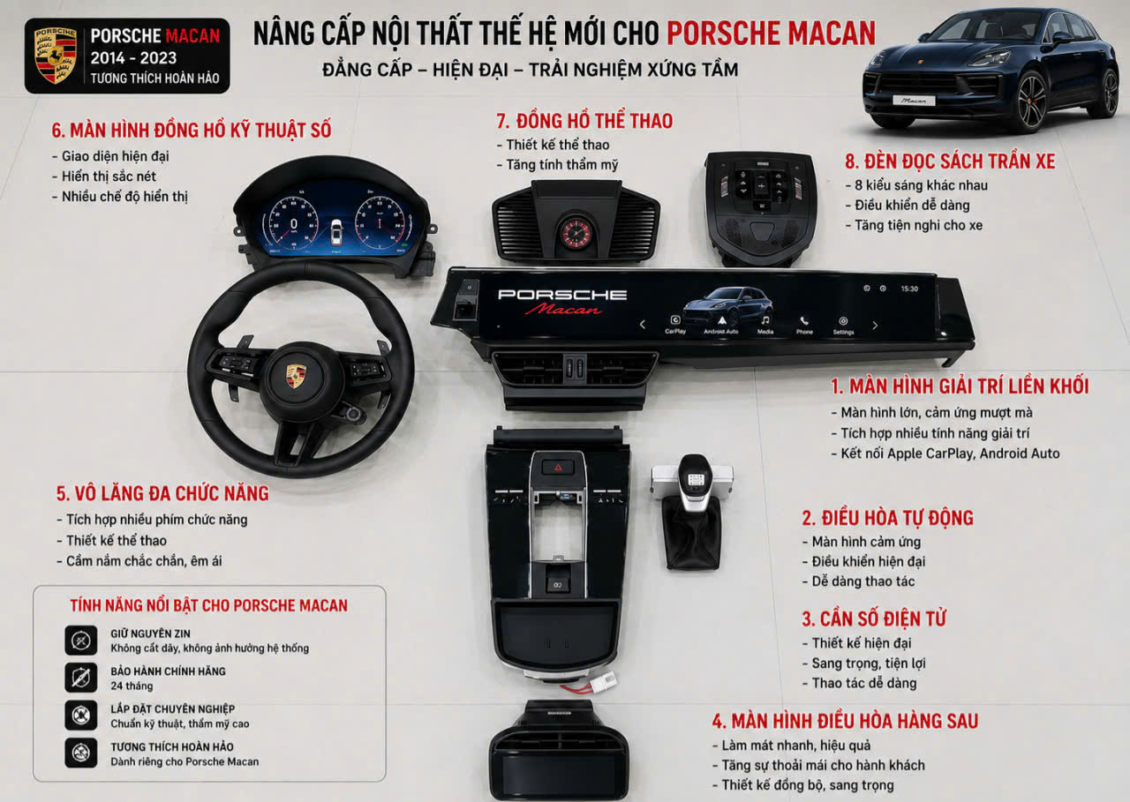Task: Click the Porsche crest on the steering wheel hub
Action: [x=296, y=376]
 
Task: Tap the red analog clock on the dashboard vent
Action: [x=576, y=234]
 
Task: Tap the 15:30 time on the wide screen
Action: [x=909, y=289]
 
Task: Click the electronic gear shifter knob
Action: [x=695, y=483]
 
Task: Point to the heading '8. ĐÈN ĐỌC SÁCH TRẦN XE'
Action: [x=950, y=161]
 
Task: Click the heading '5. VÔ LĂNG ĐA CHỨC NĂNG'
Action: [x=162, y=493]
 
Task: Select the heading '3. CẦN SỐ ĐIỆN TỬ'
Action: [x=874, y=618]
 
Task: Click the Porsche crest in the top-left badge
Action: [x=55, y=55]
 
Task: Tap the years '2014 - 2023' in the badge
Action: [x=133, y=58]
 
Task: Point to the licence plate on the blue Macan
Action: [x=914, y=101]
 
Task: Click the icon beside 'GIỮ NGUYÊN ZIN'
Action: [x=80, y=641]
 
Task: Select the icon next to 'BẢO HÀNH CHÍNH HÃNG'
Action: [x=80, y=678]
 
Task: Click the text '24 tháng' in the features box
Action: [x=132, y=686]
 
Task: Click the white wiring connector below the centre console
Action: [x=604, y=680]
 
